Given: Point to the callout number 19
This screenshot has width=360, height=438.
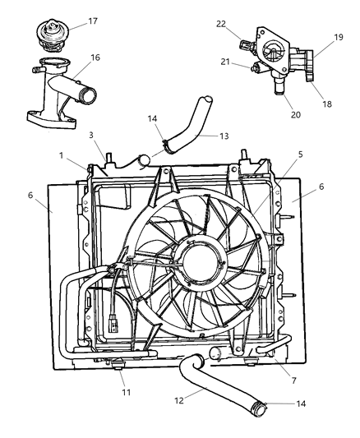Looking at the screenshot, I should click(x=337, y=38).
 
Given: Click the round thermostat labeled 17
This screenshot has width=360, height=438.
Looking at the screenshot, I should click(x=51, y=33).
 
